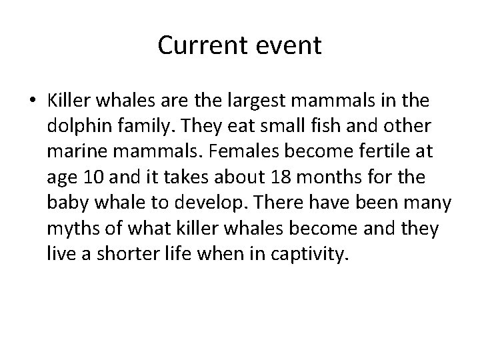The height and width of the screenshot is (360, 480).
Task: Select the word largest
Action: (x=259, y=101)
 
